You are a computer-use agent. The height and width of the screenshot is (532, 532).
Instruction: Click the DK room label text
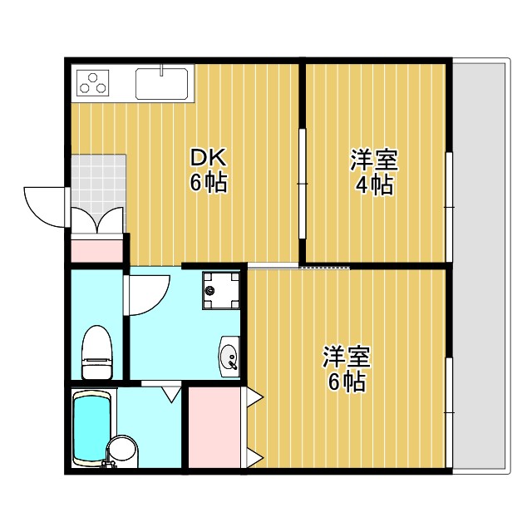(x=209, y=157)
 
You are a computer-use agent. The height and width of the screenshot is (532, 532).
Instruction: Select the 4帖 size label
(x=374, y=184)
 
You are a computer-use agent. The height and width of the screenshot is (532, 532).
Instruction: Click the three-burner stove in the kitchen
(x=94, y=82)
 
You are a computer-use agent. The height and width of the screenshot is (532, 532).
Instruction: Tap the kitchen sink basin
(x=163, y=82)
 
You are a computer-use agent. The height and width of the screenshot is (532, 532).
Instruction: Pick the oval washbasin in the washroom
(x=229, y=356)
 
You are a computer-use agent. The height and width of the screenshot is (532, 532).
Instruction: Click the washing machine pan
(x=222, y=290)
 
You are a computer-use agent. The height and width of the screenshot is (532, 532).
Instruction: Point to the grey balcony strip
(x=480, y=266)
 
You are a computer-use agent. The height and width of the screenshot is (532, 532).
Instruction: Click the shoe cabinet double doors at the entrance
(x=97, y=221)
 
